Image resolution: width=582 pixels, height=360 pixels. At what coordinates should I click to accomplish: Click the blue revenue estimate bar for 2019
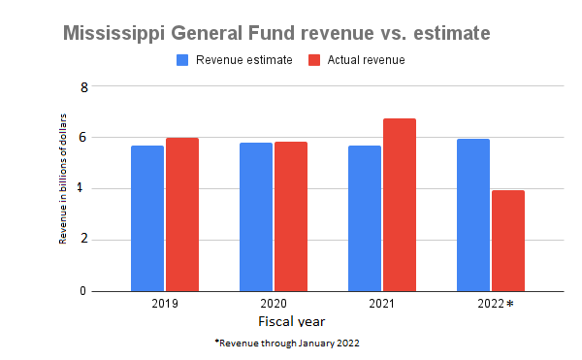tap(147, 218)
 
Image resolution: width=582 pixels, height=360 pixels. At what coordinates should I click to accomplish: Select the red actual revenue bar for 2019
tap(181, 214)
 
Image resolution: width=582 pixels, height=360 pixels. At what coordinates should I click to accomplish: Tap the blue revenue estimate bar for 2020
tap(256, 216)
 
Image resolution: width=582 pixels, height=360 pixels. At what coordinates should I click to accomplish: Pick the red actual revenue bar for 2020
tap(290, 216)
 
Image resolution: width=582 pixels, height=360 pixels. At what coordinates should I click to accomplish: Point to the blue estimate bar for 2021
tap(365, 218)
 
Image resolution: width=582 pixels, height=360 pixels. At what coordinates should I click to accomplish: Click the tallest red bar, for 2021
tap(399, 205)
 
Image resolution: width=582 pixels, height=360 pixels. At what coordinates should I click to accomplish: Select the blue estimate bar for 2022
tap(473, 214)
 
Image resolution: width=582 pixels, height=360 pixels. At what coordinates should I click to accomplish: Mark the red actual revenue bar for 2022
tap(507, 241)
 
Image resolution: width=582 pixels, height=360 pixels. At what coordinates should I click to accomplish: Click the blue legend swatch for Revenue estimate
tap(182, 60)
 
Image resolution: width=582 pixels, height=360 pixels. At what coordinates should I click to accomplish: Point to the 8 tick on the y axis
tap(84, 86)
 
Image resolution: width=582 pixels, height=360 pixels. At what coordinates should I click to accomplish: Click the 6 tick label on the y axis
tap(84, 138)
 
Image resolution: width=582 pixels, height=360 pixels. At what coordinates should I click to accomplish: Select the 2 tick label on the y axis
tap(84, 240)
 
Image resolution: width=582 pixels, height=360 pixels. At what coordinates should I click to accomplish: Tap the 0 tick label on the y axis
tap(84, 291)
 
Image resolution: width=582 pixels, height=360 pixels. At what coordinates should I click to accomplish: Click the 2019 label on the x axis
tap(164, 304)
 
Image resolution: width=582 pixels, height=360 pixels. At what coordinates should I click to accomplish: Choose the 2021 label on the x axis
tap(381, 304)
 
